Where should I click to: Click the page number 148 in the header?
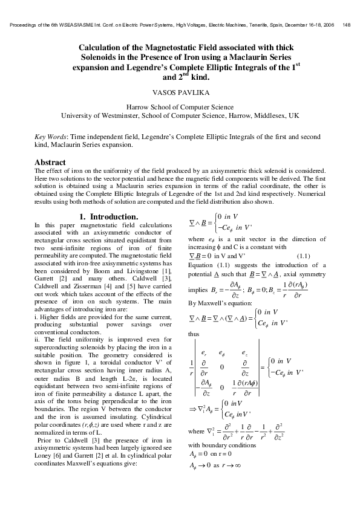347,25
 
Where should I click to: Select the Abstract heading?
50,163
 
